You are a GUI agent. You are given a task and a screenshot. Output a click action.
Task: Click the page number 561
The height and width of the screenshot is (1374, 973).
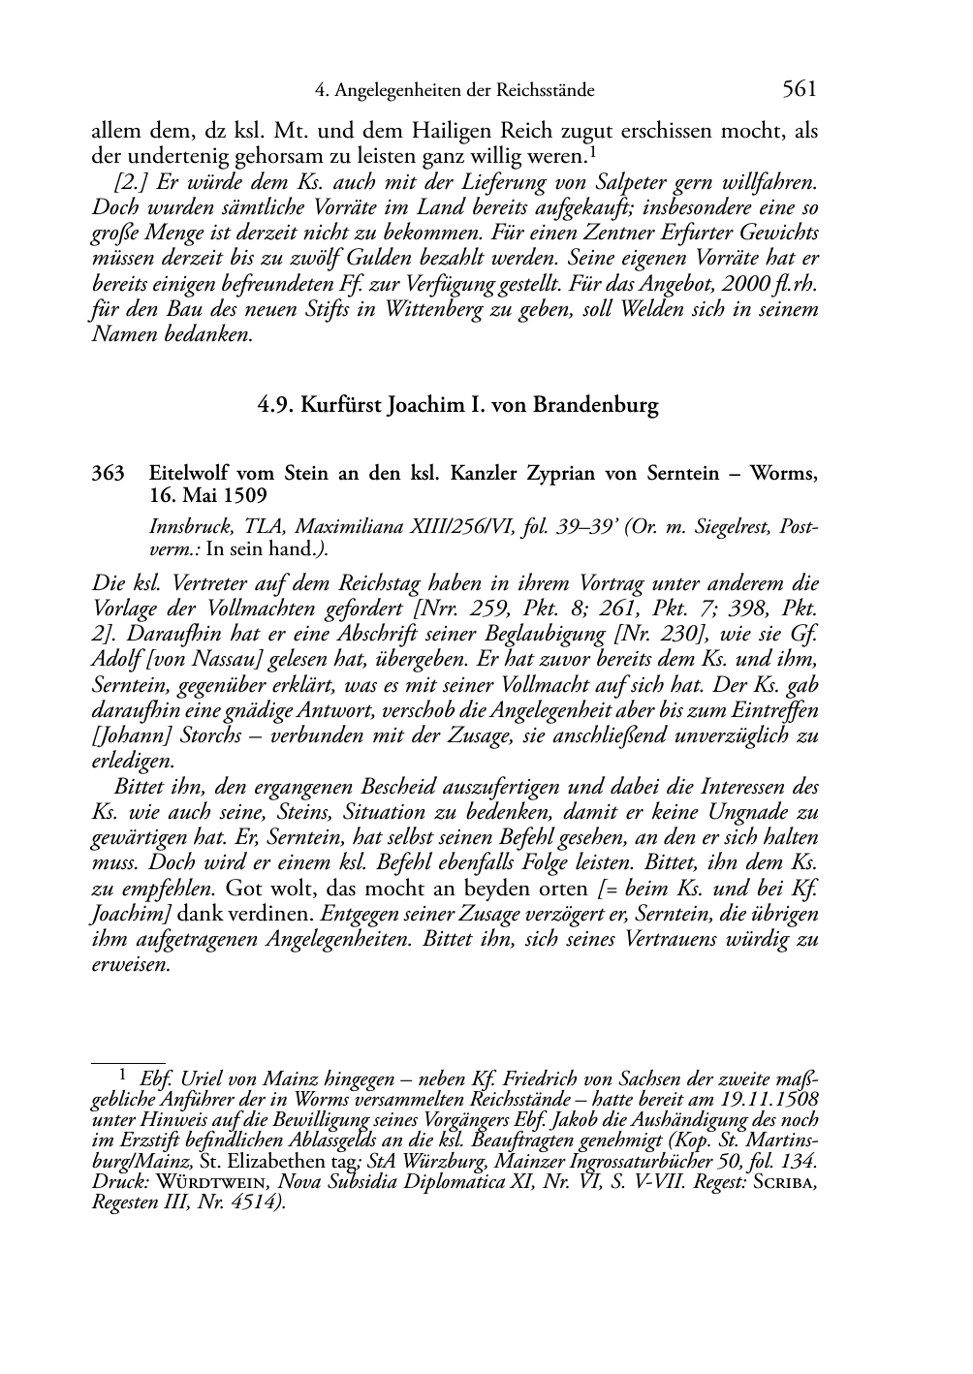(x=800, y=90)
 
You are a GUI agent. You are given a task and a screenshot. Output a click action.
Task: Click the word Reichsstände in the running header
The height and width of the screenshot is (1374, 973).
(x=546, y=91)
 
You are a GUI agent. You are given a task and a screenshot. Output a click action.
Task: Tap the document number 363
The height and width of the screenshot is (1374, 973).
(x=108, y=474)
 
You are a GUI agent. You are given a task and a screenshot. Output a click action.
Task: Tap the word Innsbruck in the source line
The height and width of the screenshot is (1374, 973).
(x=186, y=528)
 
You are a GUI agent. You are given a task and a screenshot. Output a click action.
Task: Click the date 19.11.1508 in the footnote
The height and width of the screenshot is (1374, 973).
(x=769, y=1100)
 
